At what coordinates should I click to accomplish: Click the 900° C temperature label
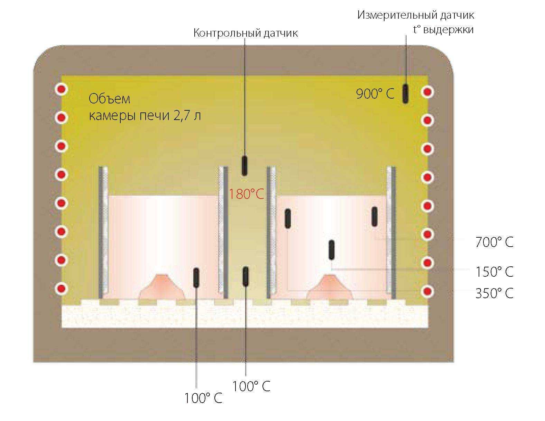375,94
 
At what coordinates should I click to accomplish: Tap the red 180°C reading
246,194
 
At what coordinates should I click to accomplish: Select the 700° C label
494,242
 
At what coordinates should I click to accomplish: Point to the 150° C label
494,272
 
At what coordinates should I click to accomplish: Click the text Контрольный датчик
246,33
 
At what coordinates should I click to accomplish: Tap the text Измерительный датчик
416,15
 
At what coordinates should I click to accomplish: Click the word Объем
109,99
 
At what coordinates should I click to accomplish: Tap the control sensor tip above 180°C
244,165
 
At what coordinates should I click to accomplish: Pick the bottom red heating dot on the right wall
428,291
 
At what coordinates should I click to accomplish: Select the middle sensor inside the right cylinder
332,249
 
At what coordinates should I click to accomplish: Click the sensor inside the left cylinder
196,277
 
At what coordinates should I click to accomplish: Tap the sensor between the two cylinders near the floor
246,276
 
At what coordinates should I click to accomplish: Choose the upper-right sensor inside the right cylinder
374,217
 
